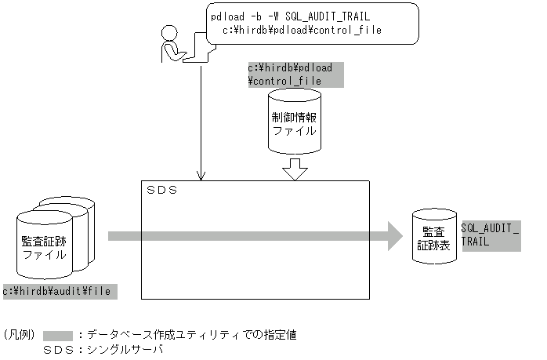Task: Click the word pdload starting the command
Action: click(x=228, y=16)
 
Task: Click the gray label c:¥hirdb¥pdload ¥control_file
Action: click(x=295, y=75)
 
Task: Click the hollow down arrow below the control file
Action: click(x=295, y=169)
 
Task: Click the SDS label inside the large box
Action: click(x=163, y=191)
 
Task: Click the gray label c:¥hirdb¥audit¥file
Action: click(x=60, y=291)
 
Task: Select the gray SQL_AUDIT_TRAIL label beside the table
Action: click(x=491, y=235)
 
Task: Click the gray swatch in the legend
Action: click(x=57, y=334)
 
